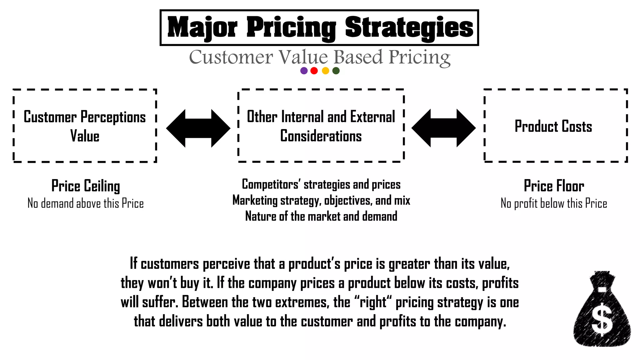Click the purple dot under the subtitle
click(x=304, y=71)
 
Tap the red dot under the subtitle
click(x=314, y=71)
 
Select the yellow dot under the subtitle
click(x=325, y=71)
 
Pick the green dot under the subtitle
click(x=336, y=71)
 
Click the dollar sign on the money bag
click(x=602, y=321)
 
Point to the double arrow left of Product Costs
click(x=443, y=128)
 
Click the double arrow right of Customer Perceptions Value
click(x=198, y=128)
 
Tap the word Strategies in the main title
click(x=409, y=27)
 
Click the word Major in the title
click(x=202, y=27)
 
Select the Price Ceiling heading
click(x=86, y=186)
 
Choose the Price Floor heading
click(x=554, y=186)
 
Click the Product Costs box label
click(x=553, y=127)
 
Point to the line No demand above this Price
click(x=86, y=203)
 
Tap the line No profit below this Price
click(x=554, y=203)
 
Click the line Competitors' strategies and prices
click(x=321, y=184)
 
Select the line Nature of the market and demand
click(x=321, y=216)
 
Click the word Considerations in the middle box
click(x=321, y=136)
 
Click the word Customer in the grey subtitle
click(x=231, y=57)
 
